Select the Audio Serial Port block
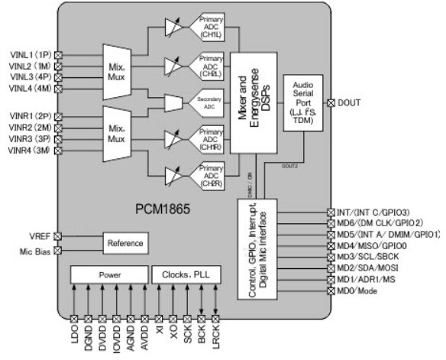[304, 101]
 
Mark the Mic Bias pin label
[35, 250]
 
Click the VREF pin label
[40, 236]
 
